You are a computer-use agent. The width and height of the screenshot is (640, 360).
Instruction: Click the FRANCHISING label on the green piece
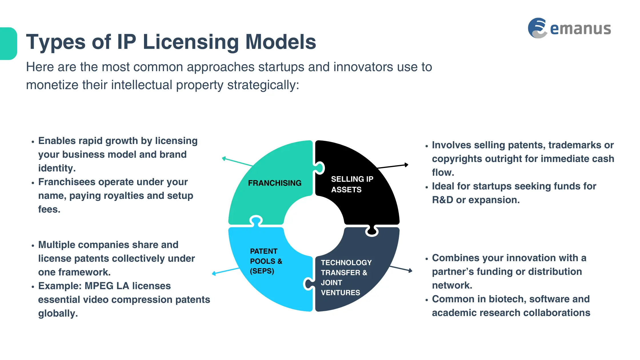coord(275,183)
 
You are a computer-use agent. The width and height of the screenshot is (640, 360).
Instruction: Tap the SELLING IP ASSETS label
coord(352,184)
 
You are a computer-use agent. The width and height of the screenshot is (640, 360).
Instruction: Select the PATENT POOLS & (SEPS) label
coord(266,261)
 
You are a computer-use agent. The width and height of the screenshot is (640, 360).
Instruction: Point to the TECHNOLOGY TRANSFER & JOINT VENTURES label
coord(346,277)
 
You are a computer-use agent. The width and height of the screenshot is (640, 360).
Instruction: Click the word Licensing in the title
coord(191,42)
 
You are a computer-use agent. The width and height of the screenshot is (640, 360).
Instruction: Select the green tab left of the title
coord(8,43)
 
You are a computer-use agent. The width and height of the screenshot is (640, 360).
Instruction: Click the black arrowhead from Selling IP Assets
coord(407,165)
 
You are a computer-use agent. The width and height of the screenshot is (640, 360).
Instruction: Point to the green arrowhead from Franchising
coord(224,158)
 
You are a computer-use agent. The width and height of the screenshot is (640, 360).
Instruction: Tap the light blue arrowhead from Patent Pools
coord(214,273)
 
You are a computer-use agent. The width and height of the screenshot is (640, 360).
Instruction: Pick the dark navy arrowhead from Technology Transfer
coord(411,271)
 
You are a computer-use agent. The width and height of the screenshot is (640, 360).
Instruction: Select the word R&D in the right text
coord(443,200)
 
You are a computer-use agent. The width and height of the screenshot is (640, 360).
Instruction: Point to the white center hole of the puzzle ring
coord(314,226)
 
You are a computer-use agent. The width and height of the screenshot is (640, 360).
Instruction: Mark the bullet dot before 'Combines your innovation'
coord(427,259)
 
